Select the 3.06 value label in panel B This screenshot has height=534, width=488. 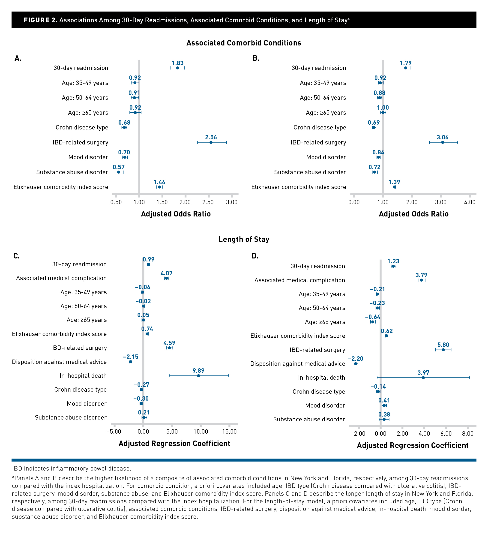coord(443,137)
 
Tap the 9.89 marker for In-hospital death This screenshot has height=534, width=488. coord(198,376)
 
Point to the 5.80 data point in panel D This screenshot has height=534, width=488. coord(443,350)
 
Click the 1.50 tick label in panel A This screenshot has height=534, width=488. coord(162,202)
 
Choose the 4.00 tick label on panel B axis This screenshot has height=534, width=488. coord(470,202)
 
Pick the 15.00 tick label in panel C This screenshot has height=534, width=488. coord(229,432)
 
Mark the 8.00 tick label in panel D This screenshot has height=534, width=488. coord(468,434)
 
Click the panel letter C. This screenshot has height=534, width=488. coord(16,256)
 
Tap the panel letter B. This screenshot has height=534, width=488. coord(256,58)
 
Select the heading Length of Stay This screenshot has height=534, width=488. coord(244,239)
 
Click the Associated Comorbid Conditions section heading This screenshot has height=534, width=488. coord(244,43)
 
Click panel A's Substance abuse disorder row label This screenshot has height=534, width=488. coord(72,172)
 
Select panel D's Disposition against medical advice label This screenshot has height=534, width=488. coord(298,364)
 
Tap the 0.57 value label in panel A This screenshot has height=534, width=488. coord(119,167)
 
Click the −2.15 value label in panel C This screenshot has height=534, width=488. coord(131,357)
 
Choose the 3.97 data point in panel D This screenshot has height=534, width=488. coord(423,378)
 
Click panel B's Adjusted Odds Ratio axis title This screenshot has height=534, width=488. coord(414,214)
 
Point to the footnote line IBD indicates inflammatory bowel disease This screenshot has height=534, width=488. coord(72,468)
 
